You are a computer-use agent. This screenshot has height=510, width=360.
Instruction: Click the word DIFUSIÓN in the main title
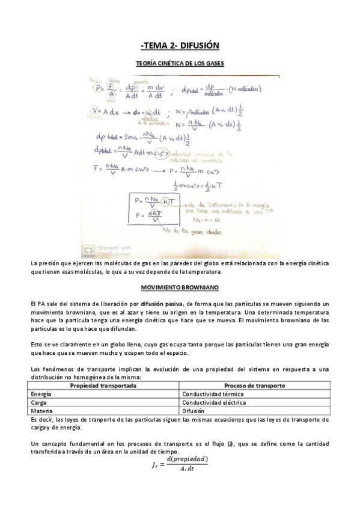(198, 45)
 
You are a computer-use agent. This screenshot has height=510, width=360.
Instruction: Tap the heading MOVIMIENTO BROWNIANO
(180, 288)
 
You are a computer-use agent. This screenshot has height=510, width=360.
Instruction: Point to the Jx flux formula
(180, 465)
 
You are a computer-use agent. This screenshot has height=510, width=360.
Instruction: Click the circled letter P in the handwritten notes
(100, 89)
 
